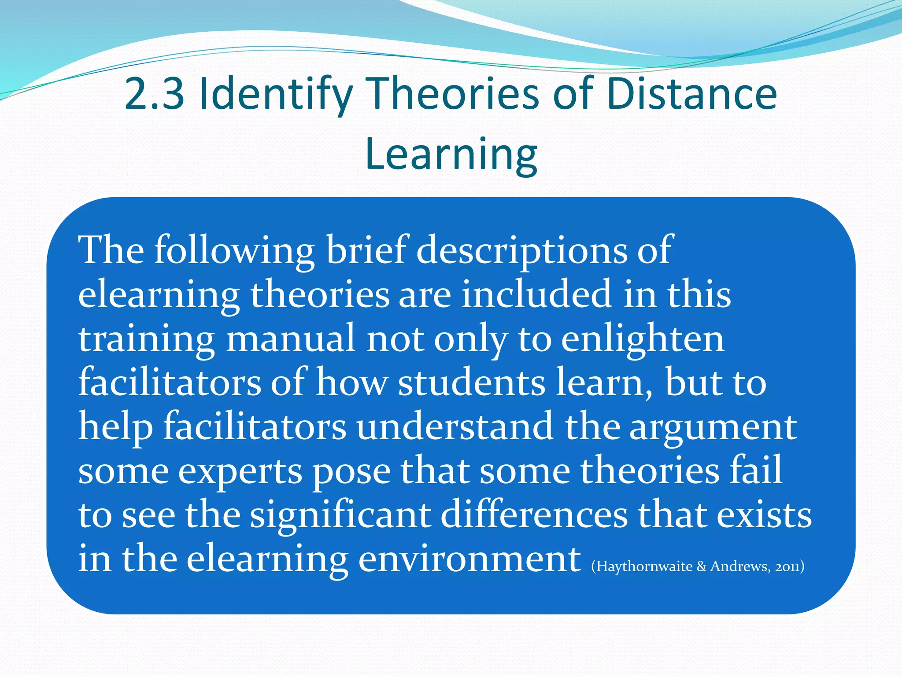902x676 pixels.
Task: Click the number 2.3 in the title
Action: (154, 94)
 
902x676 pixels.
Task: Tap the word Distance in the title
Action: (691, 94)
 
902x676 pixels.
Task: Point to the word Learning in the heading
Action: (451, 154)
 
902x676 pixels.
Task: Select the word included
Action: (536, 294)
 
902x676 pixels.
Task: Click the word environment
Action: (469, 559)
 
